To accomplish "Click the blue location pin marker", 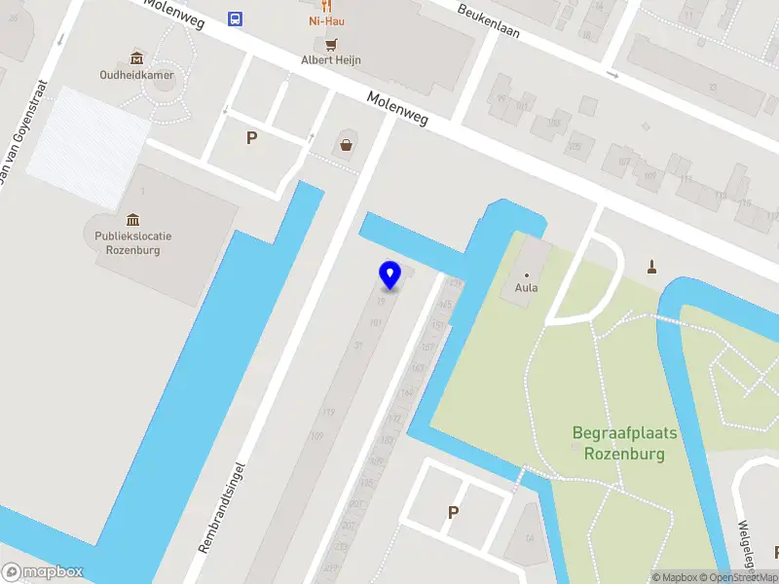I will pos(390,275).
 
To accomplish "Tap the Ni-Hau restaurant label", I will pos(327,20).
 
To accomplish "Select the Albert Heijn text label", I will pos(331,60).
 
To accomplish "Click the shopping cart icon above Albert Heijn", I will pos(331,44).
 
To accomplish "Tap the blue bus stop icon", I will pos(235,18).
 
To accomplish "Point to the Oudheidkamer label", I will pos(135,74).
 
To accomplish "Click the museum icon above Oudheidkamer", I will pos(135,57).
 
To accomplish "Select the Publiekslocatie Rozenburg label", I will pos(128,242).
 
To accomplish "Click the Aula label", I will pos(527,288).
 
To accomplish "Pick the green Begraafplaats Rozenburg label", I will pos(624,443).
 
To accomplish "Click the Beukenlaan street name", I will pos(488,18).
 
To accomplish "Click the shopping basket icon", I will pos(346,146).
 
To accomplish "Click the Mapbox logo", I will pos(43,572).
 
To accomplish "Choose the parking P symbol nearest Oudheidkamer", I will pos(251,138).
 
